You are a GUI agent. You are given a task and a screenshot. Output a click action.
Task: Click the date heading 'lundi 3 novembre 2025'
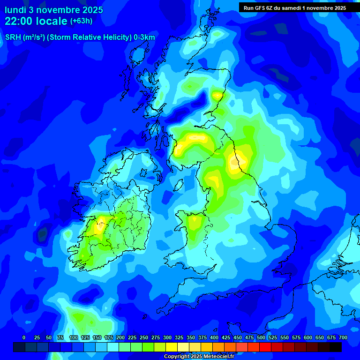pos(54,10)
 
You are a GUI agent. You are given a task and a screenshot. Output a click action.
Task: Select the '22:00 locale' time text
pos(36,21)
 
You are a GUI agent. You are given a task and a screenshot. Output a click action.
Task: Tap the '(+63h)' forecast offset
pos(81,21)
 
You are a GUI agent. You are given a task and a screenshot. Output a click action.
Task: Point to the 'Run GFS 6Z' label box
pos(295,7)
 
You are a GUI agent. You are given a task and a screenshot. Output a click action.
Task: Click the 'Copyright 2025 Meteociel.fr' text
pos(199,357)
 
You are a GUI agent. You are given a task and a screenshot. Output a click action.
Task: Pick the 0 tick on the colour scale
pos(24,337)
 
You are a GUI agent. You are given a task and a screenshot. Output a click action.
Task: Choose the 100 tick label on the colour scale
pos(74,337)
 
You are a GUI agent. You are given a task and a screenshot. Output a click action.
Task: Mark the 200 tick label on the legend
pos(120,337)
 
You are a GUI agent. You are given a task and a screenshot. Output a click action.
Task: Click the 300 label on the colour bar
pos(167,337)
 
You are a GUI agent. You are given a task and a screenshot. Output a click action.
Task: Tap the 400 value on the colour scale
pos(214,337)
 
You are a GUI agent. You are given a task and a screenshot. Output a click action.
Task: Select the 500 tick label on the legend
pos(261,337)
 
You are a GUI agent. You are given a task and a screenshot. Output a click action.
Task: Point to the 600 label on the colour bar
pos(308,337)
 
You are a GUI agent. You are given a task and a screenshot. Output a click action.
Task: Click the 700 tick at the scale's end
pos(343,337)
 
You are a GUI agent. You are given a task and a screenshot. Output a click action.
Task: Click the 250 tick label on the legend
pos(144,337)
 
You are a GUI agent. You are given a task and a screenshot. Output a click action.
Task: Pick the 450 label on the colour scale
pos(238,337)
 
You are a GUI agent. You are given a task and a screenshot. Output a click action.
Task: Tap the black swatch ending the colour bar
pos(336,347)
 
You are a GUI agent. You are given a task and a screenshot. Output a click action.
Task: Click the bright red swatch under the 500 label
pos(265,347)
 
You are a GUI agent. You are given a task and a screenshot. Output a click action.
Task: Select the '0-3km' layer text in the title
pos(144,37)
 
